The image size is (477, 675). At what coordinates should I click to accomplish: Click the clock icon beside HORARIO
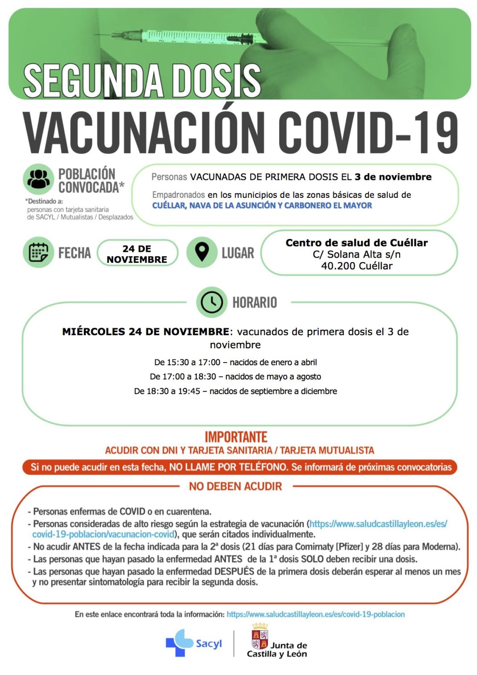(x=212, y=302)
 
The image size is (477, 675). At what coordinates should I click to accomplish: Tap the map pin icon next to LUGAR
(x=202, y=252)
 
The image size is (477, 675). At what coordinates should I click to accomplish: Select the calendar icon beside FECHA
(x=38, y=253)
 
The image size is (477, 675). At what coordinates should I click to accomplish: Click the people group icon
(x=38, y=179)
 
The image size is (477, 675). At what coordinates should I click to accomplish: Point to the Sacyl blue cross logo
(x=179, y=643)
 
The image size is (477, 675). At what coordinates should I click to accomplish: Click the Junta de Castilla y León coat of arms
(x=260, y=637)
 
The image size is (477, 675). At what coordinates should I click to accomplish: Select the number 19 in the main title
(x=435, y=133)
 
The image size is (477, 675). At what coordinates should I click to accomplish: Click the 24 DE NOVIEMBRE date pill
(x=137, y=254)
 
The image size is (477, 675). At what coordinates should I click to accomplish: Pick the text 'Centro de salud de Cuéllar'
(x=356, y=243)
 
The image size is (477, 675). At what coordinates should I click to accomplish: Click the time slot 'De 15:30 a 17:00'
(x=187, y=362)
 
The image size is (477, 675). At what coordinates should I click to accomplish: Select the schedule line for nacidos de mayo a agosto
(x=235, y=376)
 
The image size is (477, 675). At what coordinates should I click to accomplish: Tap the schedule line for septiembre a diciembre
(x=235, y=391)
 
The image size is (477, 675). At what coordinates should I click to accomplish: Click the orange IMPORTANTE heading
(x=236, y=437)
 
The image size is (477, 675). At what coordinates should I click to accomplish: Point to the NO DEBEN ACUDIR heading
(x=235, y=486)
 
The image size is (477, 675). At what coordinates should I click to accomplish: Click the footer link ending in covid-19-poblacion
(x=315, y=614)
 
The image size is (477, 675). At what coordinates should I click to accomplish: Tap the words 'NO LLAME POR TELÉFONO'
(x=228, y=467)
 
